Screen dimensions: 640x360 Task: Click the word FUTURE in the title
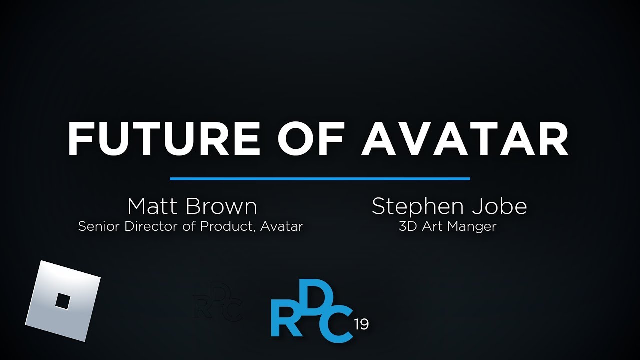[164, 138]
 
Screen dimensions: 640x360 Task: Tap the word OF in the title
[310, 138]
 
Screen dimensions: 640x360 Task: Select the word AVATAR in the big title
[465, 138]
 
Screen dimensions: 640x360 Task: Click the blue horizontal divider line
[320, 179]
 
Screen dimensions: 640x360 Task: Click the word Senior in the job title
[99, 226]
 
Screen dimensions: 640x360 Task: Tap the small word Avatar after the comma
[281, 226]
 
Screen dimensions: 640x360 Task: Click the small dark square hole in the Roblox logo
[63, 301]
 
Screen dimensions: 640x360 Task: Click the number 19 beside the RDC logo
[361, 324]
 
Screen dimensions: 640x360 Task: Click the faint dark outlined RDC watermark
[217, 302]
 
